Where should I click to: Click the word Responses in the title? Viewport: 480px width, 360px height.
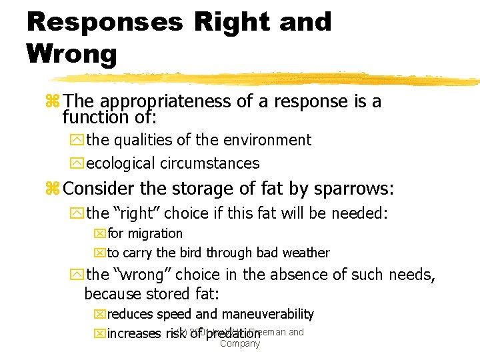[104, 22]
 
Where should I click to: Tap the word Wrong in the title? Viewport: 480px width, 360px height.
[72, 54]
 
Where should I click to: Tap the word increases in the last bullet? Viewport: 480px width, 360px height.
[134, 333]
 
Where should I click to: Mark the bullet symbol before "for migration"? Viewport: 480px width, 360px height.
[100, 234]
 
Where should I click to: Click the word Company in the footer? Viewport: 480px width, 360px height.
[240, 344]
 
